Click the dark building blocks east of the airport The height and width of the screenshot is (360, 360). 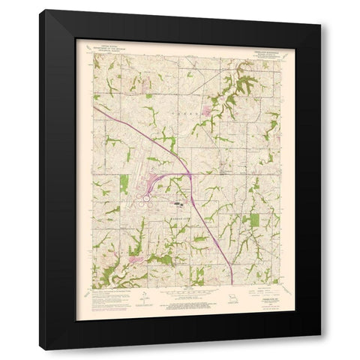179,201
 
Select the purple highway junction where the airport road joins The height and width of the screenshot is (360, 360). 189,175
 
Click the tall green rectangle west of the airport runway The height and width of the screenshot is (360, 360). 124,184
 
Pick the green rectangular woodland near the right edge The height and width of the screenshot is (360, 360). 253,220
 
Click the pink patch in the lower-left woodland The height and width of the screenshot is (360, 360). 136,259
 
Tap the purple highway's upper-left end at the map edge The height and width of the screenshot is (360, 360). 95,107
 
